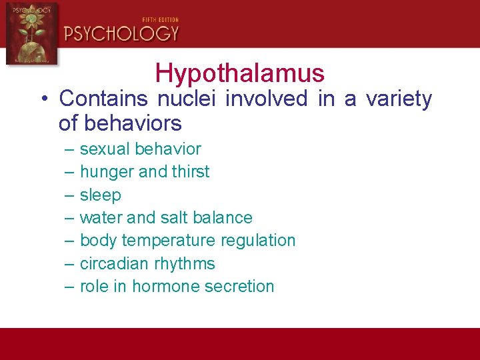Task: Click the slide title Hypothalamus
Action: pos(239,73)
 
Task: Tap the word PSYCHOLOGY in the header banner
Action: pos(121,33)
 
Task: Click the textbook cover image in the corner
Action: pos(31,33)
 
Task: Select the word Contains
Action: pos(103,99)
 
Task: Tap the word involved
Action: pos(266,99)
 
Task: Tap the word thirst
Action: pos(190,172)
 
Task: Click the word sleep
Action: pos(100,195)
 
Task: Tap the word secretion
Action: pos(242,287)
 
